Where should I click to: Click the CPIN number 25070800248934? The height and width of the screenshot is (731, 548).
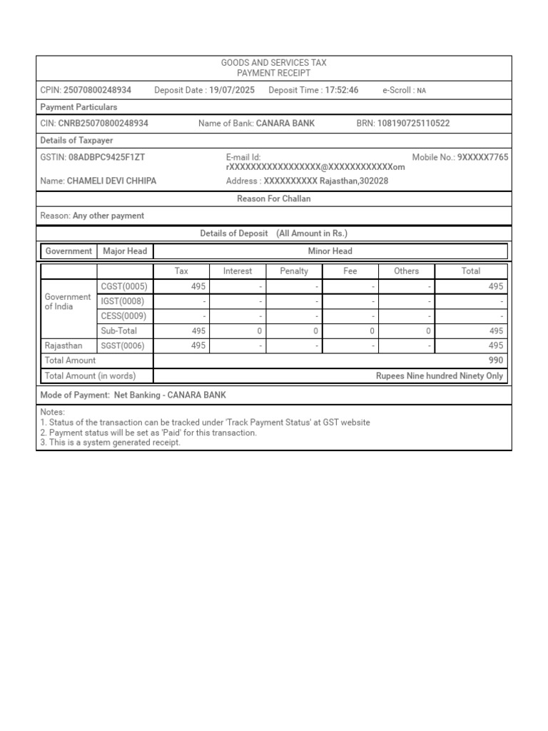pos(97,90)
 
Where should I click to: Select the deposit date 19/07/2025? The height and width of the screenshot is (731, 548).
pos(232,90)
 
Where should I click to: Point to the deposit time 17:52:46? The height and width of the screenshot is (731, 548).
pos(342,90)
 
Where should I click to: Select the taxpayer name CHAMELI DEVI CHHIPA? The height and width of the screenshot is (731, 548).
pos(111,181)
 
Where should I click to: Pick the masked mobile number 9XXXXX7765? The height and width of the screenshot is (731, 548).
pos(482,157)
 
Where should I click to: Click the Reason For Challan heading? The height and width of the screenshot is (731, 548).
pos(274,199)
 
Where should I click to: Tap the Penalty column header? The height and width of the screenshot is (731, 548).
pos(294,271)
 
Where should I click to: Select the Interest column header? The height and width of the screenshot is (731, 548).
pos(238,271)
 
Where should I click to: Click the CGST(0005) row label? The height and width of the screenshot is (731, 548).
pos(124,286)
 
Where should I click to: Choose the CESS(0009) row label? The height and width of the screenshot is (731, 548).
pos(124,316)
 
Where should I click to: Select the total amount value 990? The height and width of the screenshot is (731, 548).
pos(495,361)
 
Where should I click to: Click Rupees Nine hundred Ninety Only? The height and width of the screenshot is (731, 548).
pos(439,375)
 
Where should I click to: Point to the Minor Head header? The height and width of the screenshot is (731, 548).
pos(330,251)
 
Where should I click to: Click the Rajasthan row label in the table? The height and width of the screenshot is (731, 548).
pos(64,346)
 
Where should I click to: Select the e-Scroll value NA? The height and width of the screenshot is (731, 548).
pos(422,91)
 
